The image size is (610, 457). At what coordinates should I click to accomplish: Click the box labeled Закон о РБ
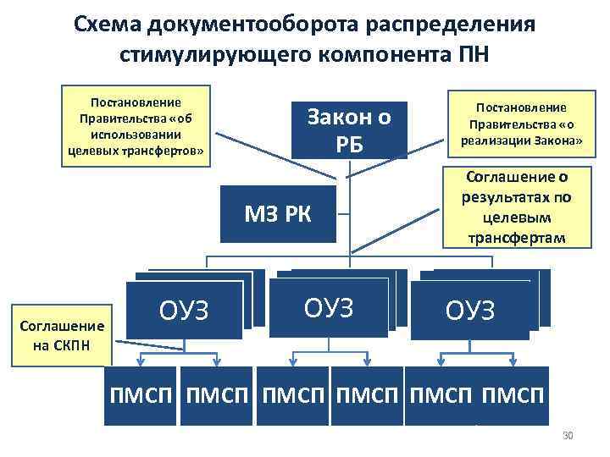click(350, 130)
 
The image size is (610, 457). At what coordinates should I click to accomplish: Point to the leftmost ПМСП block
click(141, 394)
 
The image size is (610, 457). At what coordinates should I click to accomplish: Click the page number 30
click(568, 436)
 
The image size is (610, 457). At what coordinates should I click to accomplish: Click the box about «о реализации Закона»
click(521, 124)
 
